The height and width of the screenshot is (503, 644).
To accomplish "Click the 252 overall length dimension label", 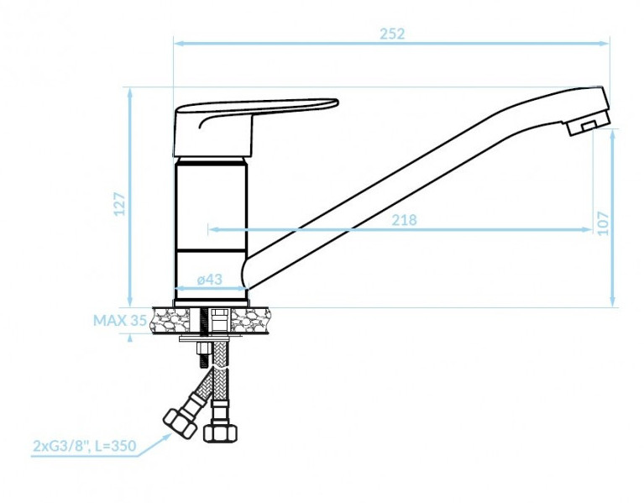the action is (392, 34).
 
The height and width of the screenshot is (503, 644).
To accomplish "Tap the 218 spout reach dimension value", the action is (404, 220).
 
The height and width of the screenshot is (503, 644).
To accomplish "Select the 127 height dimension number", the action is (119, 203).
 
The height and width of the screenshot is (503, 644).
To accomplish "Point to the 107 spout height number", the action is (603, 223).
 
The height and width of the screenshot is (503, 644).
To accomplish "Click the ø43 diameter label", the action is (209, 280).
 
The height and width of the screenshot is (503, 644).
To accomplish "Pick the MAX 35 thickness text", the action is (119, 320).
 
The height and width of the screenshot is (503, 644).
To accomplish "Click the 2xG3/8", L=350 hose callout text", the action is (85, 446).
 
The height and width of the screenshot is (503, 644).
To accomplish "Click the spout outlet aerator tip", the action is (588, 123).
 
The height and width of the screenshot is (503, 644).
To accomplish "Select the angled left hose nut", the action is (180, 422).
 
